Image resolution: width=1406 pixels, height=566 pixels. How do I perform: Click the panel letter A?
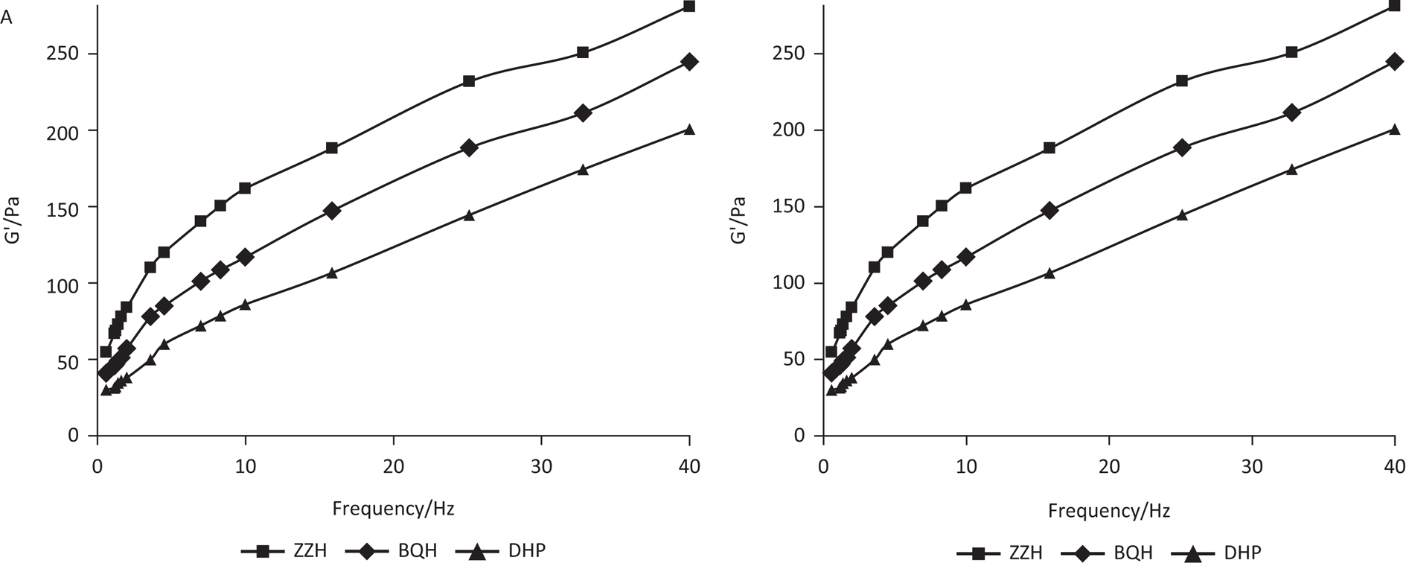click(x=7, y=19)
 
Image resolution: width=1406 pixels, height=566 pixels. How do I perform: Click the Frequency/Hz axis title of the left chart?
click(x=393, y=509)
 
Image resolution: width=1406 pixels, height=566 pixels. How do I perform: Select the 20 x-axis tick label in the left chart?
click(x=393, y=466)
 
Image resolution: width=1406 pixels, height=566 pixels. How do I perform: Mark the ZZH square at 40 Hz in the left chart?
click(x=689, y=7)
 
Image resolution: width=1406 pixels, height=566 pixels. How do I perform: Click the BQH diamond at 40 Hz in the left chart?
click(x=689, y=62)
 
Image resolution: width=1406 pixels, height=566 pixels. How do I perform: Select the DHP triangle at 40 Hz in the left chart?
click(x=689, y=130)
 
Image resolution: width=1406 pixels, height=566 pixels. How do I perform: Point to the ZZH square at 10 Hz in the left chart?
click(x=245, y=188)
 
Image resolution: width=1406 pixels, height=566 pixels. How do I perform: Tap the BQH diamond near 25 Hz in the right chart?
click(x=1181, y=147)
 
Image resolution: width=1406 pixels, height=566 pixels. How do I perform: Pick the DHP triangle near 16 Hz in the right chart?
click(x=1049, y=273)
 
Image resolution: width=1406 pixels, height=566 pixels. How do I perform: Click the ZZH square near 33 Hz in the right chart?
click(x=1291, y=52)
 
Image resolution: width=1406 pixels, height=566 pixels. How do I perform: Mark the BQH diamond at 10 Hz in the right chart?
click(x=966, y=257)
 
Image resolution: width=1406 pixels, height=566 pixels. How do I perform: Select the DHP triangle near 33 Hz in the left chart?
click(x=583, y=170)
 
